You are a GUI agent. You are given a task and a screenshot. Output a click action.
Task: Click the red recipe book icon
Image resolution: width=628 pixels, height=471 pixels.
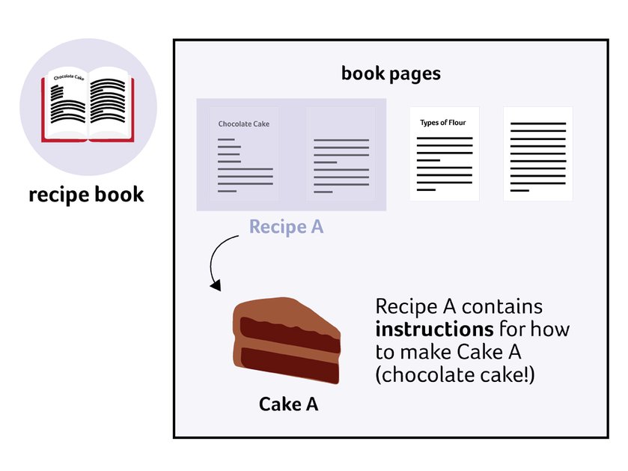coord(88,105)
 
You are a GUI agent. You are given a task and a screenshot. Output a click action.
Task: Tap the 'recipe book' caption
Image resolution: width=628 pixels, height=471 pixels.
coord(86,195)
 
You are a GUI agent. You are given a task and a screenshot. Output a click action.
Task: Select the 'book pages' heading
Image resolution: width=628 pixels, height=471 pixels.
coord(391,73)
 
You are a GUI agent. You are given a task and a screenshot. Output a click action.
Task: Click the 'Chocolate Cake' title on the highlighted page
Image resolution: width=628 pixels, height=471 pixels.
coord(243,124)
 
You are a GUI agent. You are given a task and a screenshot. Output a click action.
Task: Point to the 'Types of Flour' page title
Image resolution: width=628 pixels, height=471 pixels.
coord(443,123)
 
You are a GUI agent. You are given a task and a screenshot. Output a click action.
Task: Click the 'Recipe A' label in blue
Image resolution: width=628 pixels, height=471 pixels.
coord(287,227)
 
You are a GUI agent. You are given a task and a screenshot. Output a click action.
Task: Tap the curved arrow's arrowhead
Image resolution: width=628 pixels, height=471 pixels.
coord(216,285)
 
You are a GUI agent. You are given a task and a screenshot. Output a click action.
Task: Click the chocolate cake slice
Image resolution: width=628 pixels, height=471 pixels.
coord(287,341)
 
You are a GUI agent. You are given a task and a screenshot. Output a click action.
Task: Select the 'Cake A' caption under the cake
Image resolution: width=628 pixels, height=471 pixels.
coord(288,404)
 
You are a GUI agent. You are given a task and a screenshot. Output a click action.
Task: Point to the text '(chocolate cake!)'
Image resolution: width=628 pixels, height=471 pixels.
coord(455,375)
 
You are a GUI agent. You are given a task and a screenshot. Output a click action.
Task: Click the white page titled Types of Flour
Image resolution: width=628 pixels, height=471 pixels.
coord(444,154)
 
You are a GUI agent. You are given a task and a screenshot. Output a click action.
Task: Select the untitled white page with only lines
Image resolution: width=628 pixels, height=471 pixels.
coord(538,154)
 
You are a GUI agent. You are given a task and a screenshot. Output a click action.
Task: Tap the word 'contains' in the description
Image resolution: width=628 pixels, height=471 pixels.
coord(502,307)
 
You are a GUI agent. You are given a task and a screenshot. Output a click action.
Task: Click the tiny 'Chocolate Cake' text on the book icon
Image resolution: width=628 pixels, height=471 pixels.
coord(69,76)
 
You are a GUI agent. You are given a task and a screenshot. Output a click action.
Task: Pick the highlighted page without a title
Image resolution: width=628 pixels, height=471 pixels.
coord(341,154)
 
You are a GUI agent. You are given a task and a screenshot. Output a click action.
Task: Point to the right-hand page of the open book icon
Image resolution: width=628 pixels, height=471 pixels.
coord(109,103)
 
